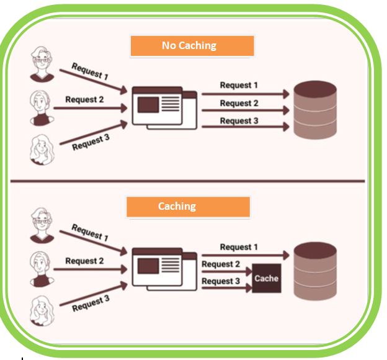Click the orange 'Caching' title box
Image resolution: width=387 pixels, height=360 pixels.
pyautogui.click(x=188, y=207)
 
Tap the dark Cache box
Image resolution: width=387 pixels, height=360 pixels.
pyautogui.click(x=266, y=279)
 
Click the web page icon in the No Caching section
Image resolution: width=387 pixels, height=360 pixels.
pyautogui.click(x=164, y=108)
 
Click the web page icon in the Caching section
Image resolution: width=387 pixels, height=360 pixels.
pyautogui.click(x=164, y=269)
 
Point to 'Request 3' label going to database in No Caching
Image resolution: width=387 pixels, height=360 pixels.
pyautogui.click(x=239, y=120)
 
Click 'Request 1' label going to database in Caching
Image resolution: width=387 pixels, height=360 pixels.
pyautogui.click(x=239, y=247)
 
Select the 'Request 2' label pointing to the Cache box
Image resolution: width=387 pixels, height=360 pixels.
pyautogui.click(x=221, y=264)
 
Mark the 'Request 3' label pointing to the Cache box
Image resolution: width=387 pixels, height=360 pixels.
pyautogui.click(x=221, y=281)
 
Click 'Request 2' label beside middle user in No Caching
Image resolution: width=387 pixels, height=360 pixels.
pyautogui.click(x=84, y=99)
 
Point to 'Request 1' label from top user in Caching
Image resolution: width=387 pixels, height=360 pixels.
pyautogui.click(x=89, y=232)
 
